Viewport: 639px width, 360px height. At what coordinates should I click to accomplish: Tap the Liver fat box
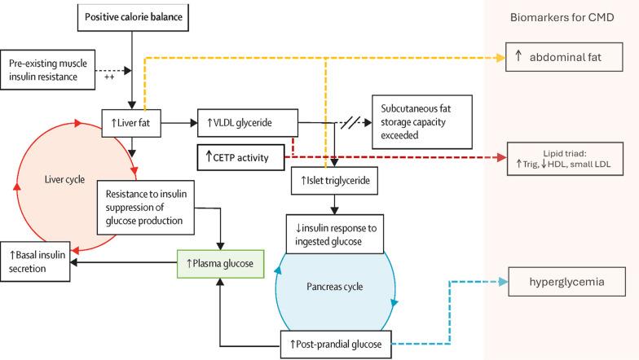click(130, 123)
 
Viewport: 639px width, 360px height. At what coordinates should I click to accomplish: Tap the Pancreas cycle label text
click(334, 287)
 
